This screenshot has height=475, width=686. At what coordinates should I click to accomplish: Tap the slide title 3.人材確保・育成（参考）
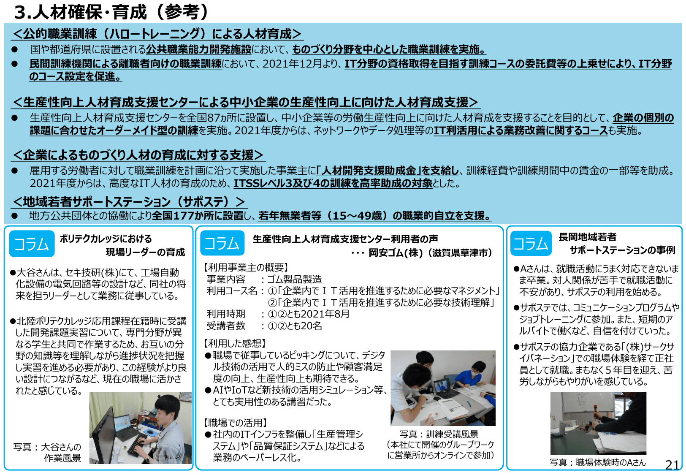(x=111, y=12)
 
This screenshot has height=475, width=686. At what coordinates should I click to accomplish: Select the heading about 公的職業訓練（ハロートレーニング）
(x=157, y=34)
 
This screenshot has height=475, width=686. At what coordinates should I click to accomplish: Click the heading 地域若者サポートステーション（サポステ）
(x=129, y=201)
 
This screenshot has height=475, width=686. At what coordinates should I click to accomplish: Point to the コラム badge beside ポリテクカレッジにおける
(x=32, y=244)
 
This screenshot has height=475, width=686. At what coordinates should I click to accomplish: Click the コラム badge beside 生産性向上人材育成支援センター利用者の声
(x=222, y=243)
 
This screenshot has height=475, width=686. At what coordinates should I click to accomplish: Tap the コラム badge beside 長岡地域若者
(x=531, y=244)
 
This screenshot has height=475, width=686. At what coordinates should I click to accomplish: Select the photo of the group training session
(x=443, y=388)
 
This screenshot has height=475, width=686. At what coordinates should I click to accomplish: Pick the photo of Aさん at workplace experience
(x=598, y=423)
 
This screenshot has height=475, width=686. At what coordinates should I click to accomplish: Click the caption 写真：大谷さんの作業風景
(x=47, y=452)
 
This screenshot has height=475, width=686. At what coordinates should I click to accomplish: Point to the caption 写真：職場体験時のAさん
(x=597, y=462)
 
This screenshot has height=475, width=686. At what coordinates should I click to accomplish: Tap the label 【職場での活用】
(x=236, y=423)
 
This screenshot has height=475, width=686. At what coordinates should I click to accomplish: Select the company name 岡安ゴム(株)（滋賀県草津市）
(x=431, y=252)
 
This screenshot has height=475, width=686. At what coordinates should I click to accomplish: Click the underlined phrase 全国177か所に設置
(x=198, y=216)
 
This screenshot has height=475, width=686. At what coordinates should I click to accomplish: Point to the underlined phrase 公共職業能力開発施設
(x=199, y=49)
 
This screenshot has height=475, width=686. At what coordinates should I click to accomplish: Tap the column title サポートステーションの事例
(x=622, y=250)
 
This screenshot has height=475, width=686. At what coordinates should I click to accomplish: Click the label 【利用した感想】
(x=235, y=343)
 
